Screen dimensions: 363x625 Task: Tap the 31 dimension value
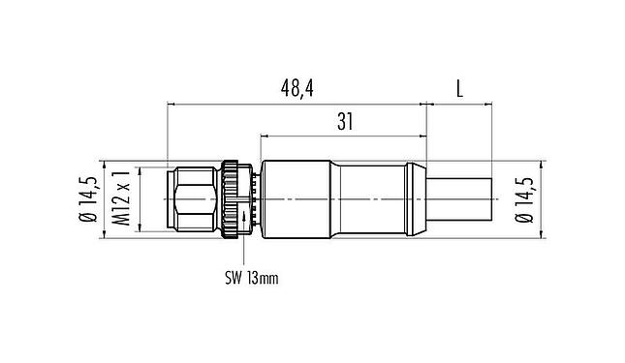coord(344,123)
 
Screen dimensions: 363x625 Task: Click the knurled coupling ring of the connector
coord(232,200)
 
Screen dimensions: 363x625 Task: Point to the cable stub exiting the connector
coord(459,200)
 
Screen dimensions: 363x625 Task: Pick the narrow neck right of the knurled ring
coord(254,200)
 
